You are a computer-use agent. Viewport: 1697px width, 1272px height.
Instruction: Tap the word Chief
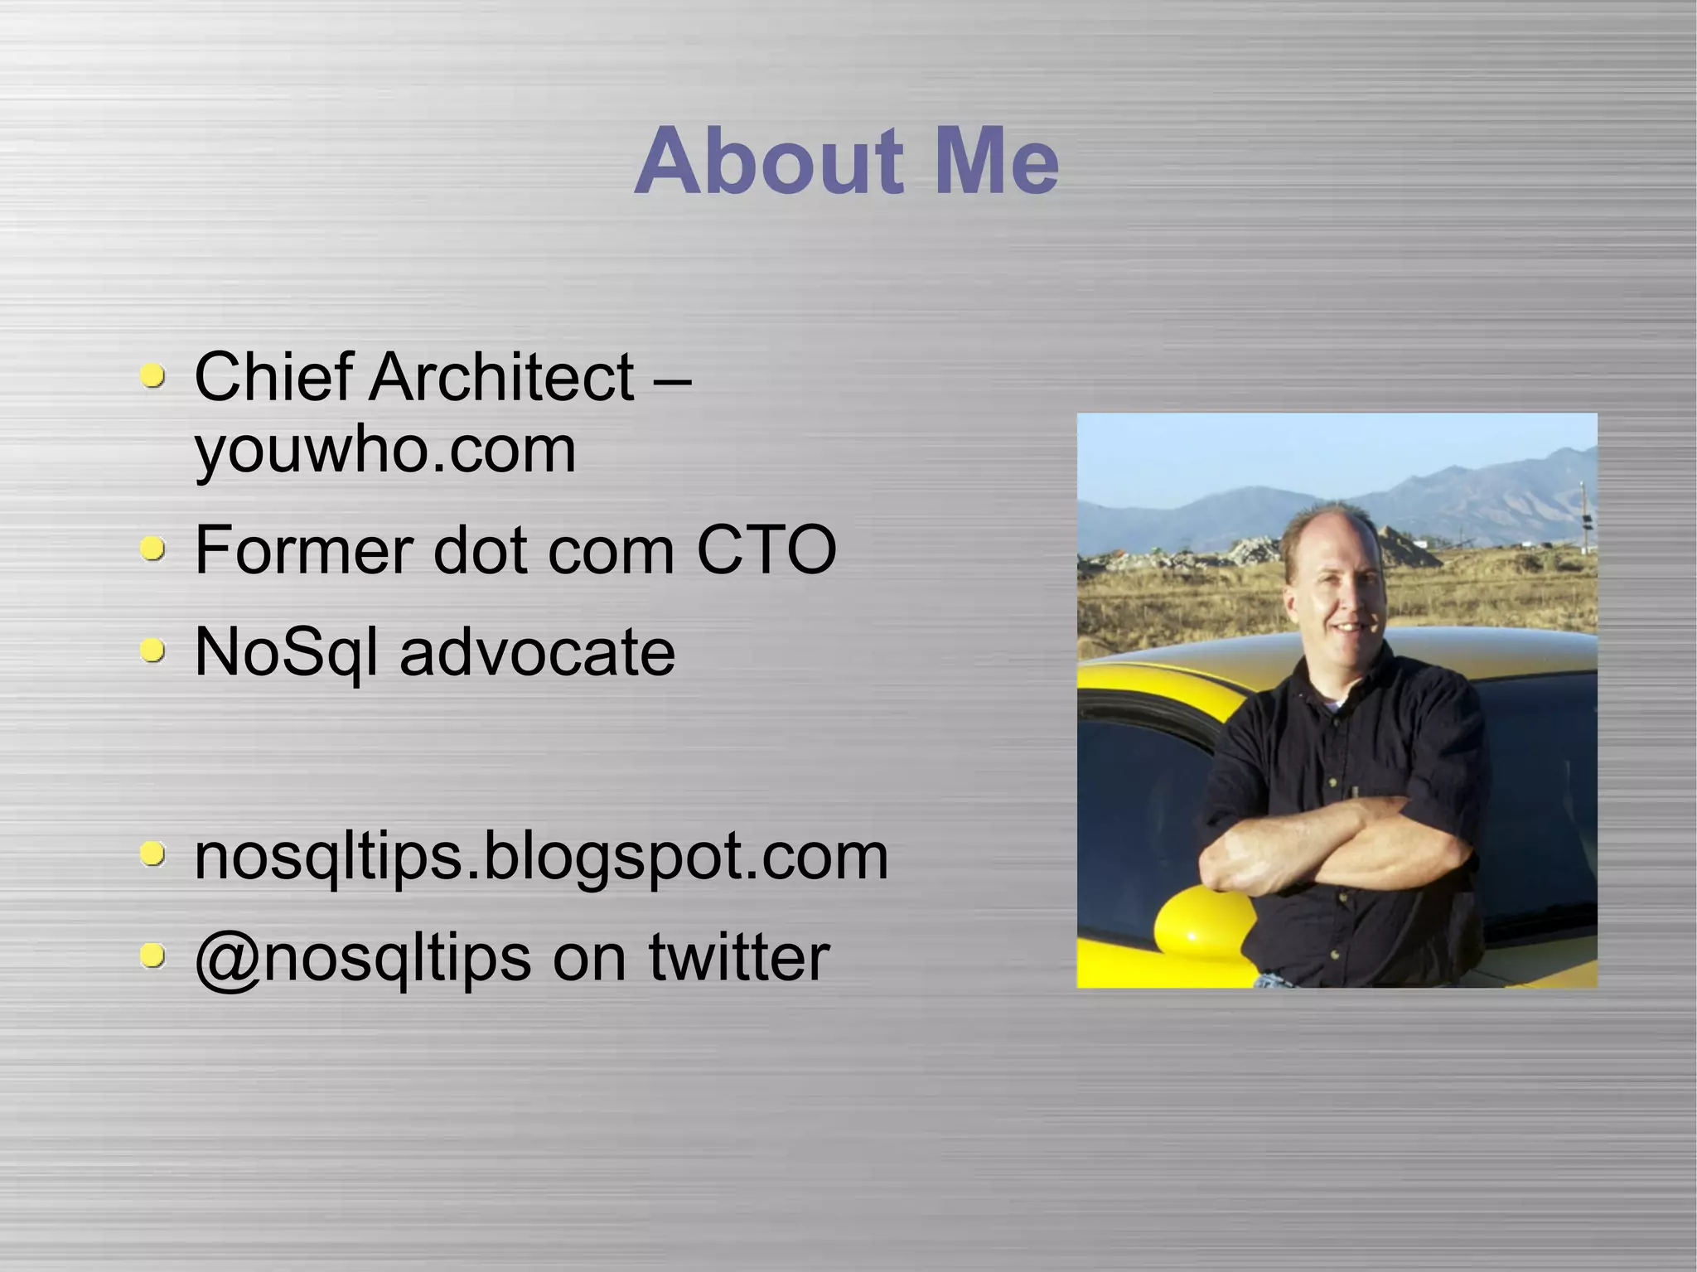tap(274, 377)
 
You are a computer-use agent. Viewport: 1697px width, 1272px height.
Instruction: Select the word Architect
tap(501, 377)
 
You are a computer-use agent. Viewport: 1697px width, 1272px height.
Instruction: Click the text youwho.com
tap(384, 450)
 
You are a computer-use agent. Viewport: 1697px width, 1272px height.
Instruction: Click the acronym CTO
tap(766, 549)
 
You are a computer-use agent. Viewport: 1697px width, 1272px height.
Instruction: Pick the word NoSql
tap(286, 652)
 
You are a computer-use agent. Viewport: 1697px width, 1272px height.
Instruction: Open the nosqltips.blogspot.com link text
tap(541, 856)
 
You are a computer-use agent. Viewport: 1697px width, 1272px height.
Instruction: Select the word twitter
tap(739, 958)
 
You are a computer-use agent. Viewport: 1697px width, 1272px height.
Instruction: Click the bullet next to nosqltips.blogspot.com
tap(152, 854)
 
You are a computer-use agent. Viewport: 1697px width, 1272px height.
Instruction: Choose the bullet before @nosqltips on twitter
tap(152, 956)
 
